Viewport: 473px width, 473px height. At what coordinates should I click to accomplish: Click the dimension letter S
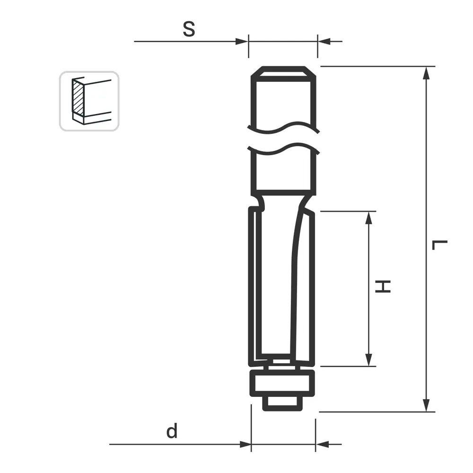click(x=189, y=29)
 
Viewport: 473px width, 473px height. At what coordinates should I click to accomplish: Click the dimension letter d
click(x=172, y=431)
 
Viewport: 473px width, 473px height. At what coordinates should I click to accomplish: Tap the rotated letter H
click(x=383, y=286)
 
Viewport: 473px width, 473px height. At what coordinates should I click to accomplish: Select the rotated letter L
click(x=440, y=245)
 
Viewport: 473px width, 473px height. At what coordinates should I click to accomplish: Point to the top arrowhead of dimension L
click(x=427, y=73)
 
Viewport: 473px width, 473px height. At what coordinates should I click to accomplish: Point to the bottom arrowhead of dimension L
click(x=427, y=405)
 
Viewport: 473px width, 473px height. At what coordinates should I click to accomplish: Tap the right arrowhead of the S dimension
click(x=324, y=42)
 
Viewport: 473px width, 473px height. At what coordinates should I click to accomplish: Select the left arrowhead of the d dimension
click(x=245, y=444)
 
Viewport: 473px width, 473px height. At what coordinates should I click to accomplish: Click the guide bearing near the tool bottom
click(x=282, y=383)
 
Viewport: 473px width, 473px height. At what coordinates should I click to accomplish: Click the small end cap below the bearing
click(x=282, y=403)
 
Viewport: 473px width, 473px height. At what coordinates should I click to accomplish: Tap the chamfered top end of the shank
click(x=283, y=73)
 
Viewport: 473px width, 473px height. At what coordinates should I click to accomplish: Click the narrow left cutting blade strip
click(x=255, y=284)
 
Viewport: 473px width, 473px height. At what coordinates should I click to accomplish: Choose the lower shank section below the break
click(x=283, y=173)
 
